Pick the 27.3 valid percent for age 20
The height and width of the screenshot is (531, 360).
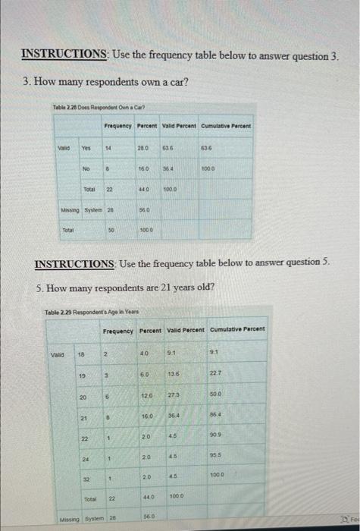tap(174, 394)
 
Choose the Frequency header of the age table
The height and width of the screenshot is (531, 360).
tap(116, 331)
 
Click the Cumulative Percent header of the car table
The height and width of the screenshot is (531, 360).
tap(227, 125)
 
